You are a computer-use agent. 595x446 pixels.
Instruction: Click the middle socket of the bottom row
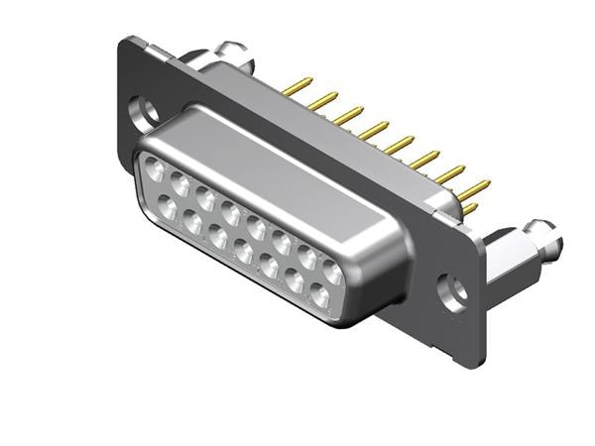pyautogui.click(x=243, y=252)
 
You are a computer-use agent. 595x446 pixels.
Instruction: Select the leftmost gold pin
pyautogui.click(x=293, y=88)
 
